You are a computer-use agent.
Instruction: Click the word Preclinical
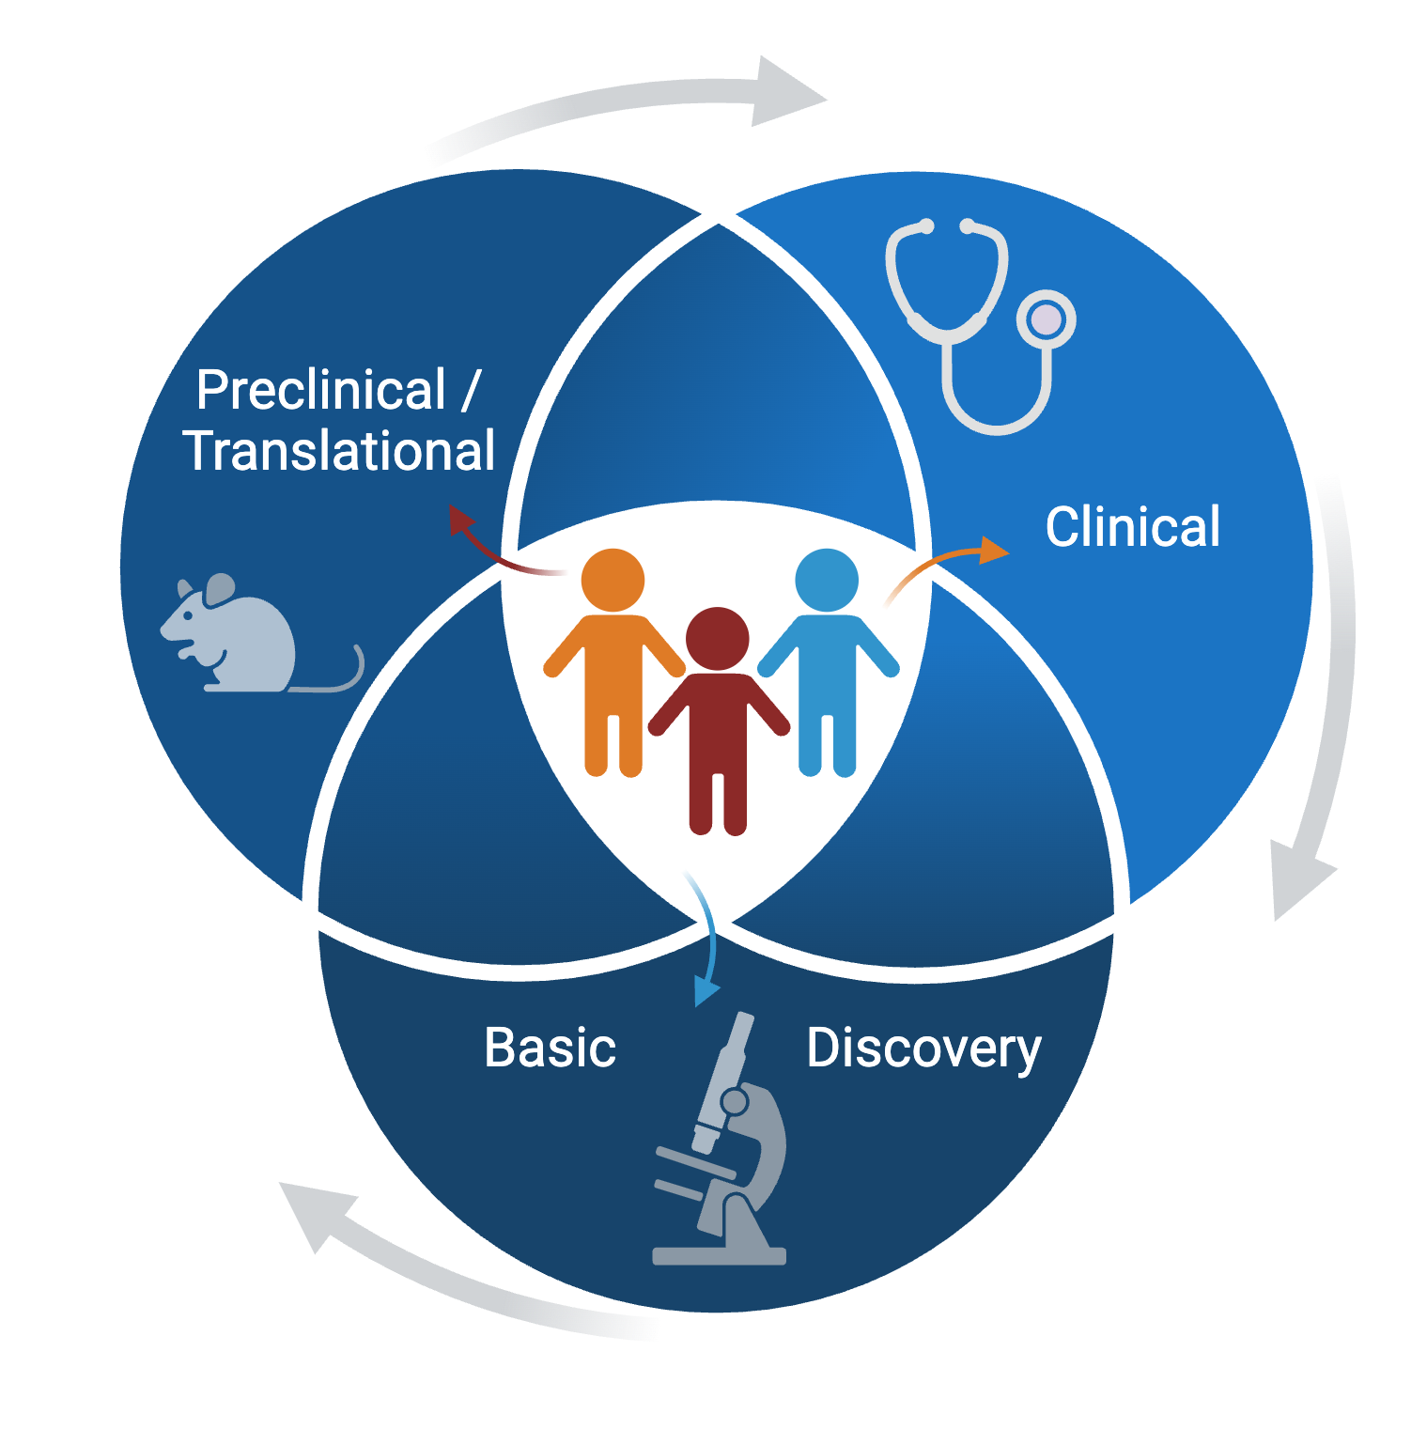[320, 390]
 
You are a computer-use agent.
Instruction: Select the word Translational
[339, 451]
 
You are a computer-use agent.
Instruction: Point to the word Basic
[550, 1048]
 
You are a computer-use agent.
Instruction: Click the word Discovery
[923, 1049]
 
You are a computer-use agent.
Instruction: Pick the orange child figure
[613, 676]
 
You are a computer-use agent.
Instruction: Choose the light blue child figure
[828, 676]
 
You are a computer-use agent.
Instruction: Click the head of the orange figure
[613, 581]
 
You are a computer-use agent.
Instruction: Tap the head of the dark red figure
[718, 639]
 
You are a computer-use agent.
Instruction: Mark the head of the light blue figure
[827, 580]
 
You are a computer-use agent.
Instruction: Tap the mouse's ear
[220, 589]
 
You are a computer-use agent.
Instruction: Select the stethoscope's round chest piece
[1046, 319]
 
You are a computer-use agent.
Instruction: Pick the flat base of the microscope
[719, 1256]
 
